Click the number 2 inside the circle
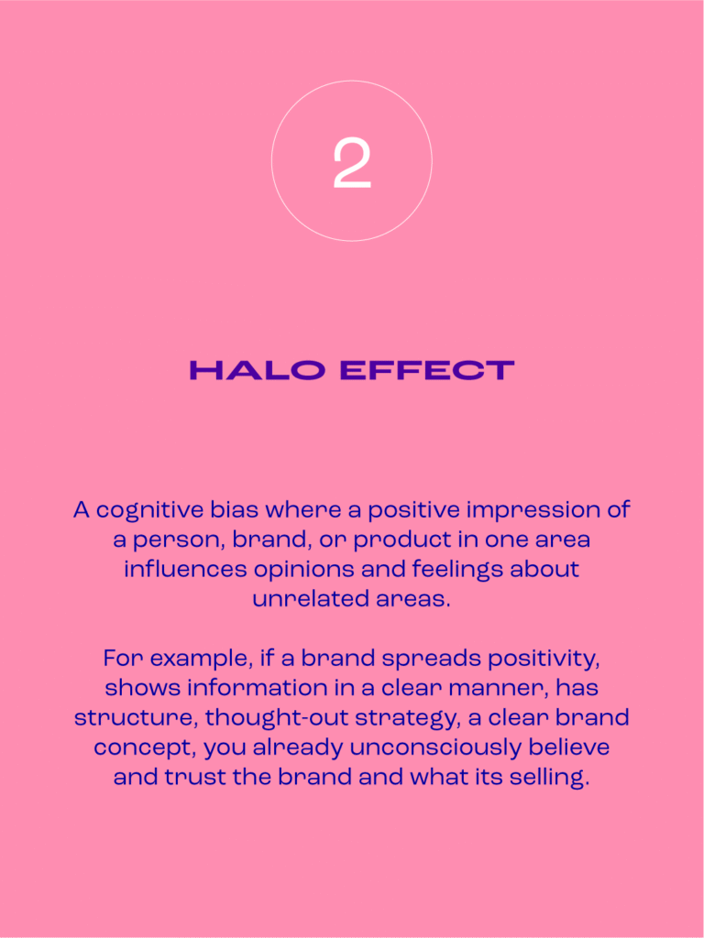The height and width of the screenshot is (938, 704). (352, 163)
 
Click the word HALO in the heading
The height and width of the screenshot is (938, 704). (258, 370)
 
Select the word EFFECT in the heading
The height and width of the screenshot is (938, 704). (427, 370)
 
